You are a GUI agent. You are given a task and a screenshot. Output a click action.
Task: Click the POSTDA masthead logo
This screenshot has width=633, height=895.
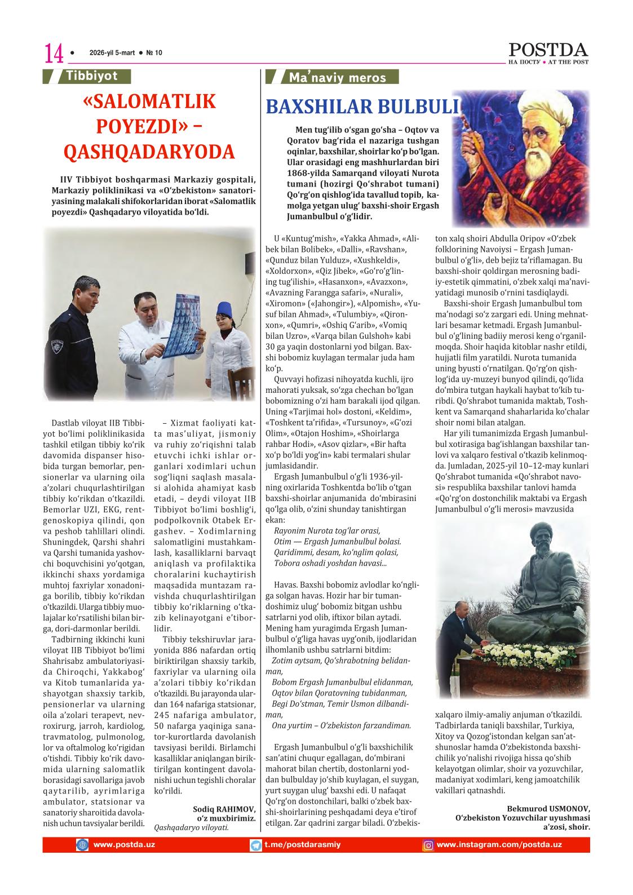548,50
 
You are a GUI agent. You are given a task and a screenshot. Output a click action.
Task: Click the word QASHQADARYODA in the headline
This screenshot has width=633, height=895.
149,152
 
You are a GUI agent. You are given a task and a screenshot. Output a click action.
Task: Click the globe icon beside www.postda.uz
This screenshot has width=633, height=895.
82,845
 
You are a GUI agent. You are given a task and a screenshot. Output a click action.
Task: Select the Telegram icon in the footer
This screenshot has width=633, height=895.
256,845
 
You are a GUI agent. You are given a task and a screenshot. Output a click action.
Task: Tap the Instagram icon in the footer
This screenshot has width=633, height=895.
428,845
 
